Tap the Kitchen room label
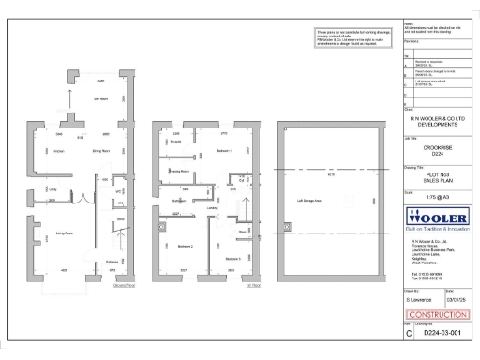tap(58, 150)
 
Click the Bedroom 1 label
tap(223, 150)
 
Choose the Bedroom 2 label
tap(186, 246)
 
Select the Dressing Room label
tap(179, 172)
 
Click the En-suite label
tap(174, 142)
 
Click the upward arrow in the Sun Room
tap(67, 97)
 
